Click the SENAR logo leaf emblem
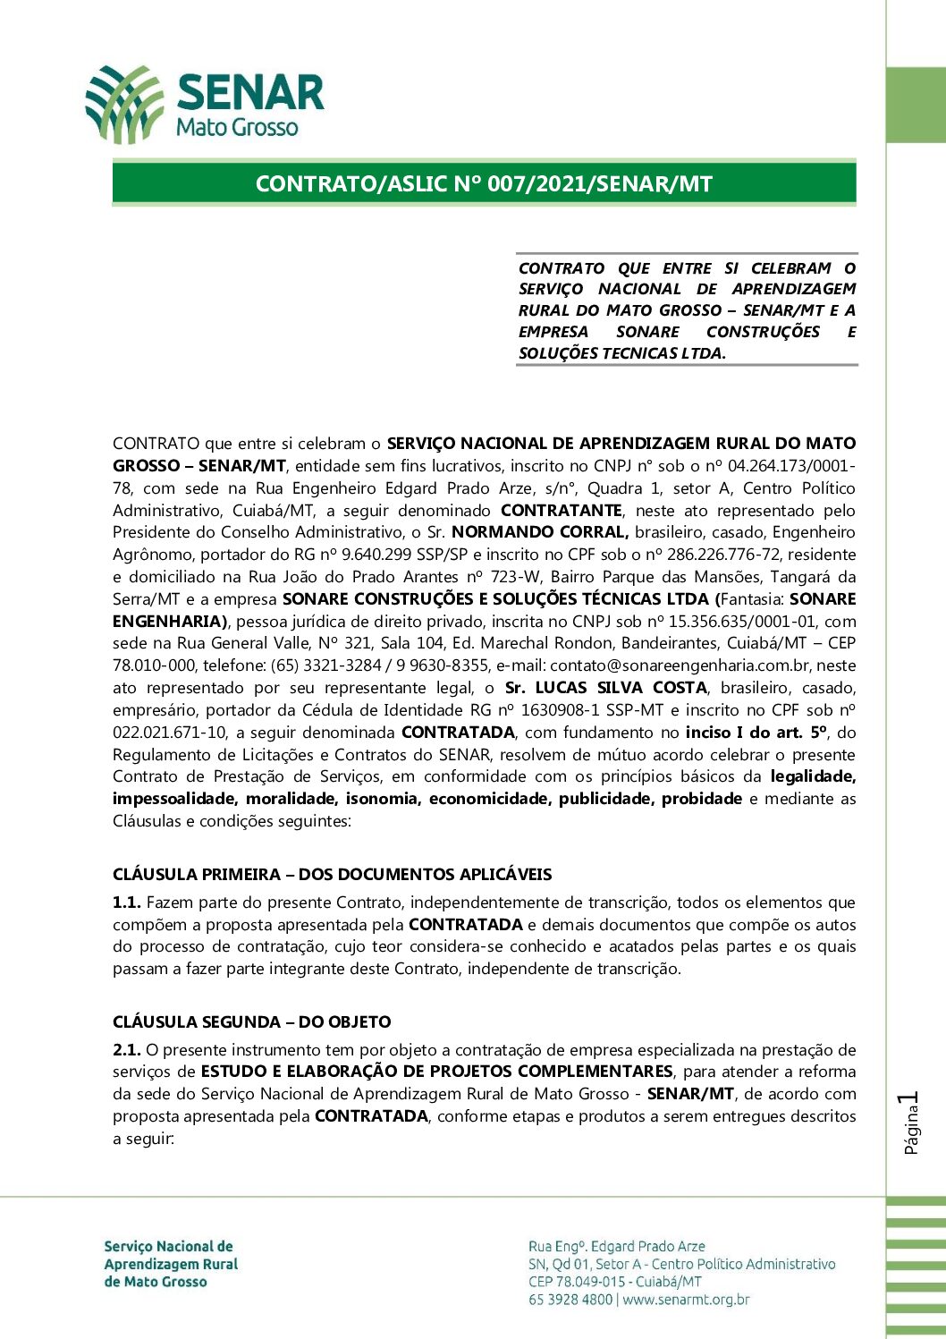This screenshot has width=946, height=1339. pos(124,104)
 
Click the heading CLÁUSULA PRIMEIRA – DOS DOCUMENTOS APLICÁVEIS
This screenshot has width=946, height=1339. pos(332,875)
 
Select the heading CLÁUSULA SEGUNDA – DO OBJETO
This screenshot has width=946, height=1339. pos(251,1022)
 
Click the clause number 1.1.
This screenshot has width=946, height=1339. pos(126,903)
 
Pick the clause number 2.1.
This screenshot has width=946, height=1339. pos(126,1050)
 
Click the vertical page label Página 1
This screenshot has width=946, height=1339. pos(911,1123)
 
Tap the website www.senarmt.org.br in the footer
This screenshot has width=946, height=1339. pos(686,1300)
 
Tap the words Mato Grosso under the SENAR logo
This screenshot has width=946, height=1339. pos(237,127)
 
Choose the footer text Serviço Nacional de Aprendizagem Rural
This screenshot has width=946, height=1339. pos(170,1255)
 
